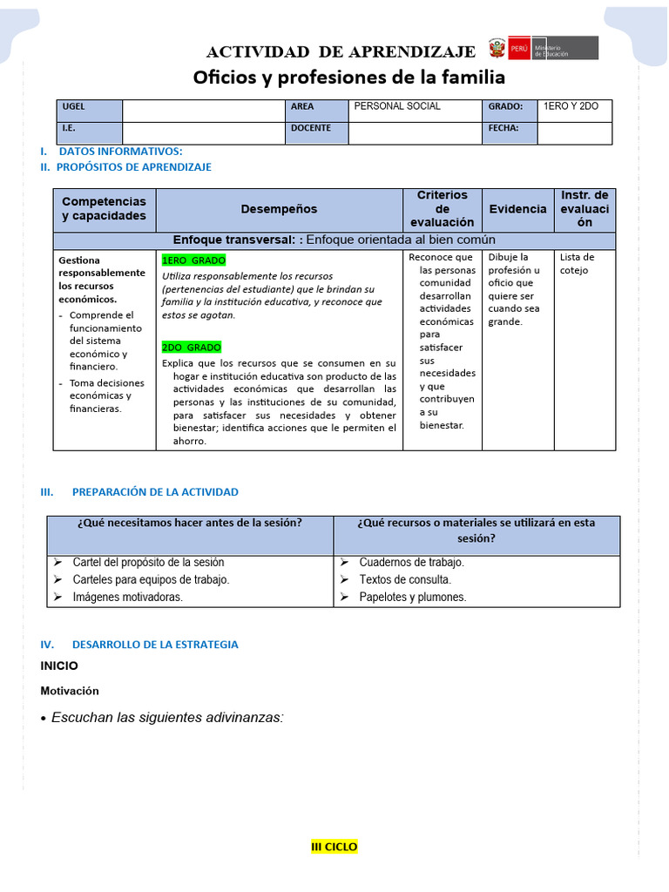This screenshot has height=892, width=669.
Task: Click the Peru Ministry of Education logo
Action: point(543,48)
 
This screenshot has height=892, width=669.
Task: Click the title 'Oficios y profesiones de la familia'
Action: point(348,78)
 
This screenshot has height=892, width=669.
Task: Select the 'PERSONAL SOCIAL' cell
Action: point(397,106)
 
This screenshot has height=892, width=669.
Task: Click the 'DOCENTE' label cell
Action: point(311,128)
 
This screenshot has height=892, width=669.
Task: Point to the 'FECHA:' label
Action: point(503,128)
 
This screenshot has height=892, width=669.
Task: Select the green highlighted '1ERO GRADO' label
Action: point(193,260)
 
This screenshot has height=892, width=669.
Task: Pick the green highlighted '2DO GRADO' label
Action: point(192,347)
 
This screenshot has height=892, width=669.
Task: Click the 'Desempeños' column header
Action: point(279,209)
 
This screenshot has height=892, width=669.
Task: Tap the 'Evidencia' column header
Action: point(517,209)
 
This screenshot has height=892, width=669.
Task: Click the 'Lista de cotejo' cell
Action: point(577,263)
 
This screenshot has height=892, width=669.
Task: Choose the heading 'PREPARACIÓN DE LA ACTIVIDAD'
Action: point(155,492)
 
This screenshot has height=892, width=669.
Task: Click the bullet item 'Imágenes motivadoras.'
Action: point(127,597)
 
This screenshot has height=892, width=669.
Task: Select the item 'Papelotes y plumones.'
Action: point(412,597)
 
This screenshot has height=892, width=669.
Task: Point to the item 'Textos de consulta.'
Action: point(404,579)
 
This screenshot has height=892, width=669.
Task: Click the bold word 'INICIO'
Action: point(59,666)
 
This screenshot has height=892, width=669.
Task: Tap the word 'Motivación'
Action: point(70,691)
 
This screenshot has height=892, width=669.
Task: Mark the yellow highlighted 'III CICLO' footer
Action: point(334,847)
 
